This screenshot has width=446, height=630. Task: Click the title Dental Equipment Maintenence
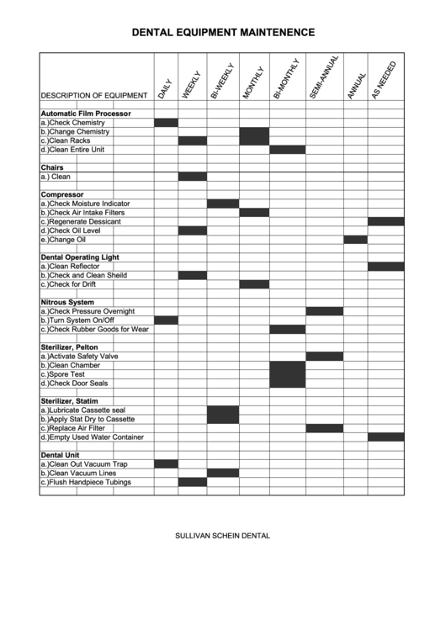pyautogui.click(x=223, y=33)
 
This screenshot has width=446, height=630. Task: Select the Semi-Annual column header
pyautogui.click(x=324, y=80)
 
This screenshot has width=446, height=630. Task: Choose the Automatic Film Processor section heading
pyautogui.click(x=86, y=114)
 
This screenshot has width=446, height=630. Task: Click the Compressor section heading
pyautogui.click(x=62, y=195)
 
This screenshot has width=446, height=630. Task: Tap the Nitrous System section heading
pyautogui.click(x=67, y=302)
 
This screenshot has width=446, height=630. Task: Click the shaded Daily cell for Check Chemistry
pyautogui.click(x=166, y=123)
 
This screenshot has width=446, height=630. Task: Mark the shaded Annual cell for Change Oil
pyautogui.click(x=355, y=240)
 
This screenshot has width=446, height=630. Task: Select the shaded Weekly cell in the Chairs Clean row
pyautogui.click(x=192, y=177)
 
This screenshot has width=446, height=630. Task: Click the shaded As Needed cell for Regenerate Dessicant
pyautogui.click(x=385, y=221)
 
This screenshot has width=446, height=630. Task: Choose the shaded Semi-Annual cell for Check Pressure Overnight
pyautogui.click(x=324, y=311)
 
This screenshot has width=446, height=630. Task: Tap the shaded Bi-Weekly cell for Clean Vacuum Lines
pyautogui.click(x=223, y=473)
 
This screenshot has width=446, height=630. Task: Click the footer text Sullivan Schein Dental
pyautogui.click(x=222, y=535)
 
